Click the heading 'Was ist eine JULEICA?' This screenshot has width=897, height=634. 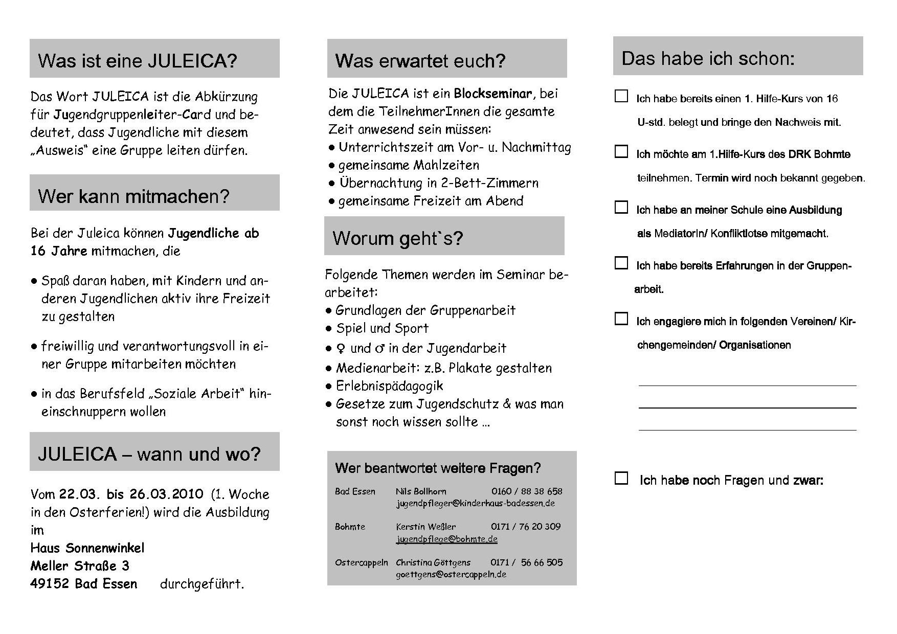coord(138,60)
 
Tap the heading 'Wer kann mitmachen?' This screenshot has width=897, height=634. coord(133,196)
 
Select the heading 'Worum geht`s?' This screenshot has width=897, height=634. coord(397,238)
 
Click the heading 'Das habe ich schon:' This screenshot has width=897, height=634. coord(708,58)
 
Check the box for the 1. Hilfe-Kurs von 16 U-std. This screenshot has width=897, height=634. coord(621,96)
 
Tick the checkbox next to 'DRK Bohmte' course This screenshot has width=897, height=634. coord(621,152)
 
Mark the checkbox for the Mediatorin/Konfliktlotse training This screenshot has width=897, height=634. coord(621,207)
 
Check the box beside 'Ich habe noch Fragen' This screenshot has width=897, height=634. coord(621,478)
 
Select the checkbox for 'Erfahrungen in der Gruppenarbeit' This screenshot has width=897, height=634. coord(621,263)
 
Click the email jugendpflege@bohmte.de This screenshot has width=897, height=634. coord(446,539)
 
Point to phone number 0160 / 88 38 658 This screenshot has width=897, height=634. coord(527,491)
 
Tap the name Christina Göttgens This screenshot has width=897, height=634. coord(433,562)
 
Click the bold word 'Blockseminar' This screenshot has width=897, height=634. coord(492,94)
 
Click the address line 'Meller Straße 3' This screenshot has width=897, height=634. coord(80,566)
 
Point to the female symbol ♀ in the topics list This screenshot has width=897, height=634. coord(341,349)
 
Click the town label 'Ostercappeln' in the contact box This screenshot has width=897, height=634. coord(361,562)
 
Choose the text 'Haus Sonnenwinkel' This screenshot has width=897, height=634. coord(87,548)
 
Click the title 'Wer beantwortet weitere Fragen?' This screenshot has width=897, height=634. coord(438,468)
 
